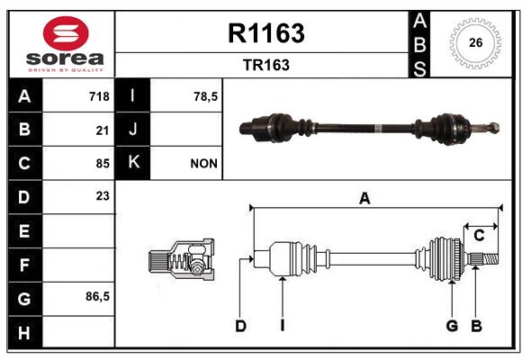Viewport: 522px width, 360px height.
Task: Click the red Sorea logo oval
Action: pyautogui.click(x=66, y=33)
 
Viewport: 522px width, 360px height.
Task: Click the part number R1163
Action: pyautogui.click(x=266, y=33)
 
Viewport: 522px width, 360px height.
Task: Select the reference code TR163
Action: pyautogui.click(x=266, y=65)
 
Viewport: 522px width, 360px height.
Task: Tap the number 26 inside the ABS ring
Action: pyautogui.click(x=475, y=42)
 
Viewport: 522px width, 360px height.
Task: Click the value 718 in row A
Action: pyautogui.click(x=99, y=96)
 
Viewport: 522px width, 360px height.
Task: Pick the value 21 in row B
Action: pyautogui.click(x=103, y=130)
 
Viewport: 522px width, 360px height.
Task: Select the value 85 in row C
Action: pyautogui.click(x=103, y=164)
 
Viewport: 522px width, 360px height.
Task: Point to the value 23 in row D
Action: pyautogui.click(x=103, y=196)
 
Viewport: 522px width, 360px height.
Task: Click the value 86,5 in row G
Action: pyautogui.click(x=97, y=296)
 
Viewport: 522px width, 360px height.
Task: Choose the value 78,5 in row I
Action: pyautogui.click(x=206, y=96)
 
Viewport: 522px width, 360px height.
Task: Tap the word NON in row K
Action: pyautogui.click(x=203, y=164)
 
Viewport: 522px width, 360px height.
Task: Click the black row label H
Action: pyautogui.click(x=25, y=332)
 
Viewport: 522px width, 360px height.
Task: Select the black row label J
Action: pyautogui.click(x=132, y=129)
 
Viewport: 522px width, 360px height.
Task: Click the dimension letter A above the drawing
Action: pyautogui.click(x=364, y=199)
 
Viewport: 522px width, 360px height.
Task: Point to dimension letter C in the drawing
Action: pyautogui.click(x=479, y=236)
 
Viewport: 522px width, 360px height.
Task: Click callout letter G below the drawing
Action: pyautogui.click(x=452, y=326)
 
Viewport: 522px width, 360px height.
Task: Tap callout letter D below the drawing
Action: pyautogui.click(x=240, y=326)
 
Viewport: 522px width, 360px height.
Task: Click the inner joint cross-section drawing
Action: pyautogui.click(x=181, y=259)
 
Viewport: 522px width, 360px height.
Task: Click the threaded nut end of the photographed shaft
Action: pyautogui.click(x=493, y=128)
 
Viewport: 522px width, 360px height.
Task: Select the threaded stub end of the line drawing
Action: pyautogui.click(x=490, y=259)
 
